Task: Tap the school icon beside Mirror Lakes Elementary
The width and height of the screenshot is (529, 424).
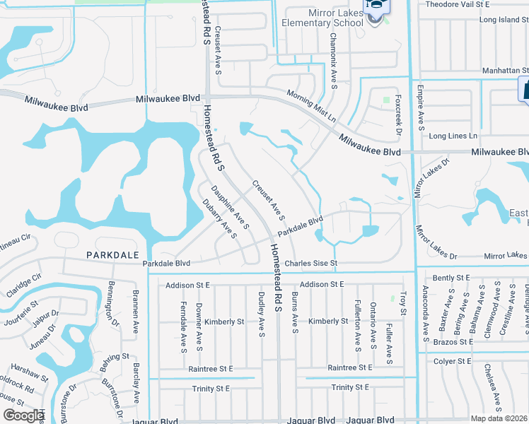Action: click(375, 9)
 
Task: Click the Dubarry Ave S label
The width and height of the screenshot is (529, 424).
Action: click(219, 218)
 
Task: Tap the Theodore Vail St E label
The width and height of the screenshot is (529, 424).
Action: click(477, 4)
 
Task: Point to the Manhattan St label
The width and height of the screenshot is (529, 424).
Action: click(506, 71)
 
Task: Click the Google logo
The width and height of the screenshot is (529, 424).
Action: click(23, 416)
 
